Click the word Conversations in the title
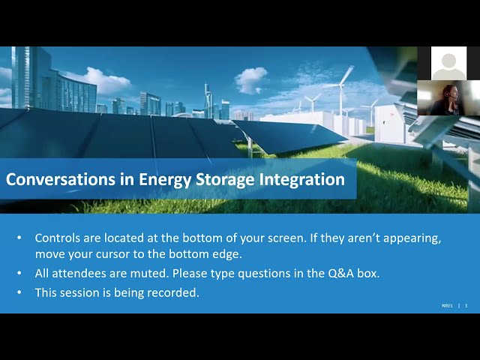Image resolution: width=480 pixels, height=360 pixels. (61, 179)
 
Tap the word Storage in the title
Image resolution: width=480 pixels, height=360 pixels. (225, 180)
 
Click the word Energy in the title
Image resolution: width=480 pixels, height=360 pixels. (165, 180)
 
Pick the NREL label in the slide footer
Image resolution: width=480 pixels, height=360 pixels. (447, 305)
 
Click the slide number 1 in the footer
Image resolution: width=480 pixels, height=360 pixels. (466, 305)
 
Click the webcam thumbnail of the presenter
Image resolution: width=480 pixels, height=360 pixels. (448, 98)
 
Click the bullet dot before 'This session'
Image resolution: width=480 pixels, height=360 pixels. (19, 292)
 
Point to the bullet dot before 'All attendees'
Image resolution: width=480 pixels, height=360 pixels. (19, 273)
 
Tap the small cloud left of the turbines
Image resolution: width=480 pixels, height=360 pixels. (250, 80)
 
